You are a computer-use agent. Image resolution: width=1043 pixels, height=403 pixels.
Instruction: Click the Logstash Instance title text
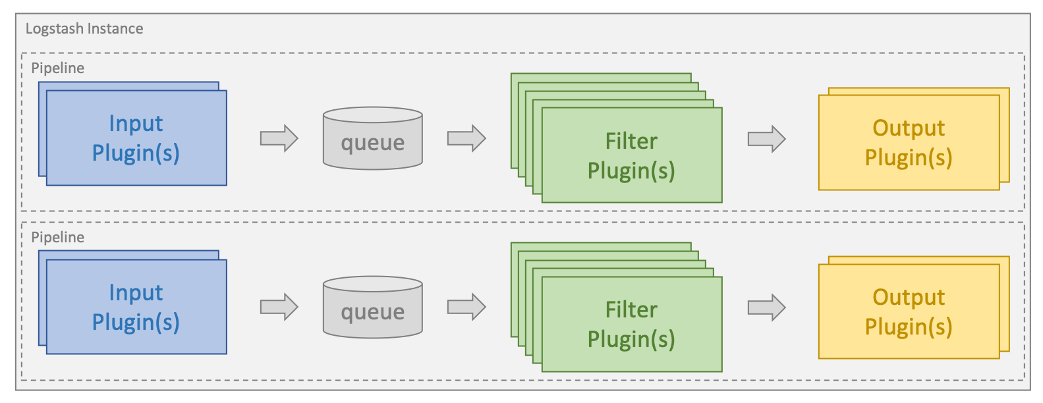tap(84, 29)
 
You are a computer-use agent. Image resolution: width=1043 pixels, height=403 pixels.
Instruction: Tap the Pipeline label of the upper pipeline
tap(58, 68)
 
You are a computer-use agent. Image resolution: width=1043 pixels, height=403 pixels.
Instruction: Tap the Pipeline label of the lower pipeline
tap(58, 237)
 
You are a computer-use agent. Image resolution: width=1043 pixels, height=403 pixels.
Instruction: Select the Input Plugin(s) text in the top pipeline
tap(136, 138)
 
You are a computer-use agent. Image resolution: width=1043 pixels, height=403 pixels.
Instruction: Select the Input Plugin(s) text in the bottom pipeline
tap(136, 308)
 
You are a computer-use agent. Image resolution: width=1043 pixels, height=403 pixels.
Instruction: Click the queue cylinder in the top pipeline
tap(372, 139)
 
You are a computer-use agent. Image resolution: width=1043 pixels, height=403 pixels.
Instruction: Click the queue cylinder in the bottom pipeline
tap(372, 308)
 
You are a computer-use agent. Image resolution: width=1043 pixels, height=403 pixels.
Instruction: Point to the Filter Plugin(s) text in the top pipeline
tap(631, 156)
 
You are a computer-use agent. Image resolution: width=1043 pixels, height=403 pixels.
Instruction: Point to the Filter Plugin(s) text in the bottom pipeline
tap(631, 325)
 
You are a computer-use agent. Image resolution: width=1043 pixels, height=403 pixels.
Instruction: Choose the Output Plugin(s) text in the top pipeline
tap(908, 143)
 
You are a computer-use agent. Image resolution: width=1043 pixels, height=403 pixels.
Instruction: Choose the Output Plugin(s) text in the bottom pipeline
tap(908, 312)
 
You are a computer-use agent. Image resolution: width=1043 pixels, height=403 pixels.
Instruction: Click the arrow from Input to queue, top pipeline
tap(279, 138)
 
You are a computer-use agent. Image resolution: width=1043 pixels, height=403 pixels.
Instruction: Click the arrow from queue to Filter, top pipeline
tap(466, 138)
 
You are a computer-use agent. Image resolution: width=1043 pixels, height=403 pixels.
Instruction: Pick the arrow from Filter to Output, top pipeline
tap(766, 139)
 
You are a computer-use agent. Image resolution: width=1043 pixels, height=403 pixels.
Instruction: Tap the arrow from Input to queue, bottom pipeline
tap(279, 307)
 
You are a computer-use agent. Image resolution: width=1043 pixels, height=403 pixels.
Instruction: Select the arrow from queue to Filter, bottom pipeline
tap(466, 307)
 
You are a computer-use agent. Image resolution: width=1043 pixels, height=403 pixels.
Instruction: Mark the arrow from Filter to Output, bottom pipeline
tap(766, 308)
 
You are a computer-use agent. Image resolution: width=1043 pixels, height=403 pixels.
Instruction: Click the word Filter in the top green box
tap(631, 141)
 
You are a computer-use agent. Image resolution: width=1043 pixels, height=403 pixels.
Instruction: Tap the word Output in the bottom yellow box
tap(908, 297)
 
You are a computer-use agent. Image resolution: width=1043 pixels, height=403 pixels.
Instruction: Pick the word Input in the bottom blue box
tap(136, 292)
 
